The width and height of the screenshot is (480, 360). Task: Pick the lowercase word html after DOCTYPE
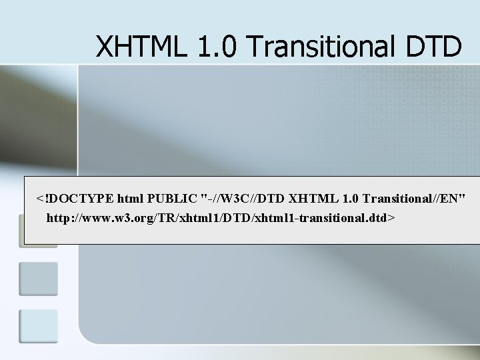(131, 198)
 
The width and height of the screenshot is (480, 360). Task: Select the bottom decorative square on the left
(38, 326)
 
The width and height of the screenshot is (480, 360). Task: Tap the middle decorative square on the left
(38, 279)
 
